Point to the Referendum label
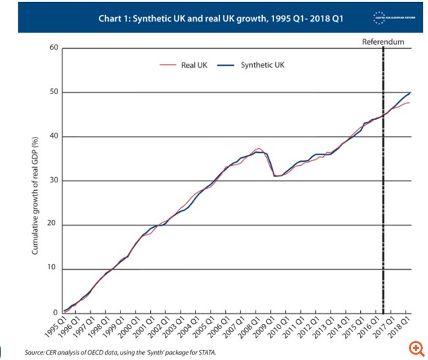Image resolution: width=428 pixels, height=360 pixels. pyautogui.click(x=383, y=42)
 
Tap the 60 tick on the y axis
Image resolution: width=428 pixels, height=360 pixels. pyautogui.click(x=55, y=48)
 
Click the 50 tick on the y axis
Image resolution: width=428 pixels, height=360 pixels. pyautogui.click(x=55, y=92)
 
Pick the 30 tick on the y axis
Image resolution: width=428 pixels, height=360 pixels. pyautogui.click(x=55, y=180)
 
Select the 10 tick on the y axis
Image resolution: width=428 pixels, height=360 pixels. pyautogui.click(x=55, y=269)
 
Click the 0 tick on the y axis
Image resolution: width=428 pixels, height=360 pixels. pyautogui.click(x=57, y=313)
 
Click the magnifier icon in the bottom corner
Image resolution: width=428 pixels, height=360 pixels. pyautogui.click(x=416, y=347)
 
